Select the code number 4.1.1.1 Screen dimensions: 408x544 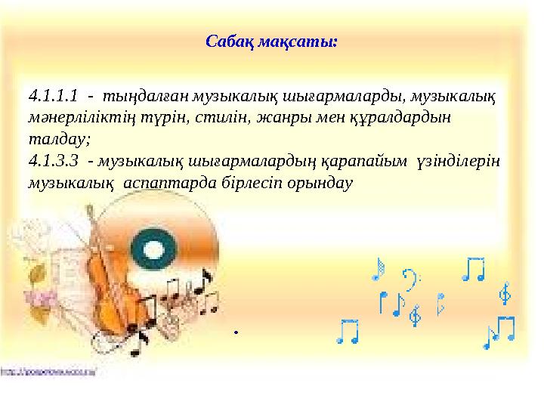pos(53,97)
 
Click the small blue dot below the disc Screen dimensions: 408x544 pos(236,332)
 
